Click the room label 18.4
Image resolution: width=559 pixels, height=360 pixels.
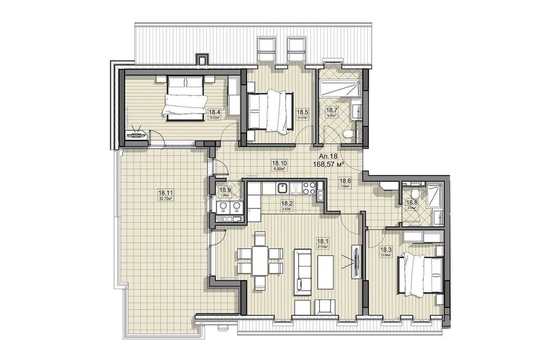[214, 112]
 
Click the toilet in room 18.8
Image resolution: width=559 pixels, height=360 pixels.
[414, 188]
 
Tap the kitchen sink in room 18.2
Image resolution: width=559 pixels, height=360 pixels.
[283, 187]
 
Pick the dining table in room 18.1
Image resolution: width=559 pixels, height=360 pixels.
[259, 260]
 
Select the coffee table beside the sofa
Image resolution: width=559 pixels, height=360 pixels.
[325, 272]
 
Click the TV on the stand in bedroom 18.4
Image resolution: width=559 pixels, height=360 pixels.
[136, 134]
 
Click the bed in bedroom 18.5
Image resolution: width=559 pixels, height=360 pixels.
[271, 111]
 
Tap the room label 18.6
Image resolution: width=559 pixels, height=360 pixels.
[345, 181]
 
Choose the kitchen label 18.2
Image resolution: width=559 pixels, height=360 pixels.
[287, 204]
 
